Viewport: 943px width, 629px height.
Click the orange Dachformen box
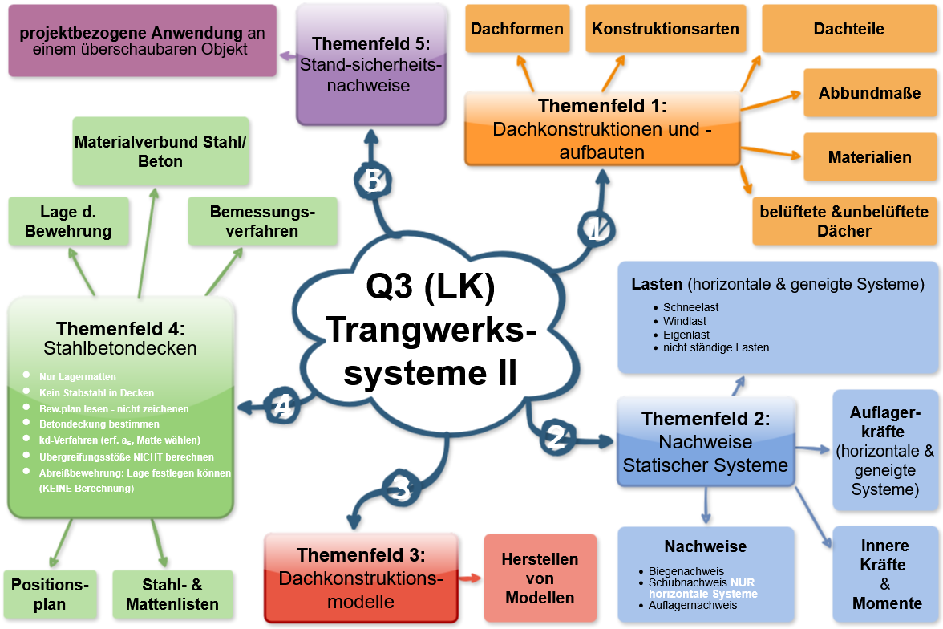(x=517, y=29)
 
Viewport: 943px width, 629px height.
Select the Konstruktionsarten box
(x=666, y=29)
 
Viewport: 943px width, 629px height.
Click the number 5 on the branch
(x=373, y=181)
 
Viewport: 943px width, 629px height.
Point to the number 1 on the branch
(x=596, y=230)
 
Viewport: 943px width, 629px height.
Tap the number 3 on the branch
(x=400, y=488)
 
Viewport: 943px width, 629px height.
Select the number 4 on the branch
(x=282, y=406)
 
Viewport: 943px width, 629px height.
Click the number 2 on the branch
(x=556, y=437)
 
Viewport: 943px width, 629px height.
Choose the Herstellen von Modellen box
(x=540, y=578)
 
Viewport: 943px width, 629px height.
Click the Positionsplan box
(x=50, y=595)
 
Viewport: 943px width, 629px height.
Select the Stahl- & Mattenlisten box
(x=172, y=595)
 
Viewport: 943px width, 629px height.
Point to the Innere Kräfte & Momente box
(x=885, y=574)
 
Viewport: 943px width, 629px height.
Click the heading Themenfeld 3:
(x=361, y=555)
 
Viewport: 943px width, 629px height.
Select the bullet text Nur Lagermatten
(x=78, y=376)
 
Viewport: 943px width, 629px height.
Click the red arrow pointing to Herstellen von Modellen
(x=471, y=578)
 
